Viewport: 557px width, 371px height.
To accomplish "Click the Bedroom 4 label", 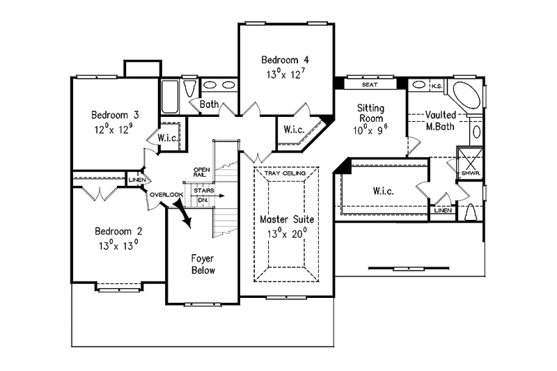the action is [x=285, y=60].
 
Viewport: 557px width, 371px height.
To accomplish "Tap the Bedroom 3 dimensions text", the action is [x=113, y=129].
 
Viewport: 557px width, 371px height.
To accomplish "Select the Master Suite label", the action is [x=287, y=219].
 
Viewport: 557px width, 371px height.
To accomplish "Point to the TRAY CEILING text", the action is [x=285, y=173].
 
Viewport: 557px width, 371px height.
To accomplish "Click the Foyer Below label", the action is [x=203, y=264].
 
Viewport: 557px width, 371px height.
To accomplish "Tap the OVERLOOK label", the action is [x=166, y=195].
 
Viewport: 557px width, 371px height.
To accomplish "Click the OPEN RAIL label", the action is [x=201, y=173].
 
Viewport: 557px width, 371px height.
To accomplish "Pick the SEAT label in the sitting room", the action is [x=370, y=84].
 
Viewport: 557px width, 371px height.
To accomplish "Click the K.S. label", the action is [x=437, y=86].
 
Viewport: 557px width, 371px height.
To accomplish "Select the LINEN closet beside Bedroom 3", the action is [x=136, y=180].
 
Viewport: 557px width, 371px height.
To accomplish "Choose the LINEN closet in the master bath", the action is [x=443, y=210].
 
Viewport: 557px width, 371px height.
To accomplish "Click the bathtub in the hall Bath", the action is [x=169, y=97].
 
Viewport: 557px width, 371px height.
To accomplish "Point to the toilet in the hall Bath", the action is [x=190, y=88].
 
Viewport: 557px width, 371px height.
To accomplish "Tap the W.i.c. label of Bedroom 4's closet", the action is [x=294, y=129].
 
